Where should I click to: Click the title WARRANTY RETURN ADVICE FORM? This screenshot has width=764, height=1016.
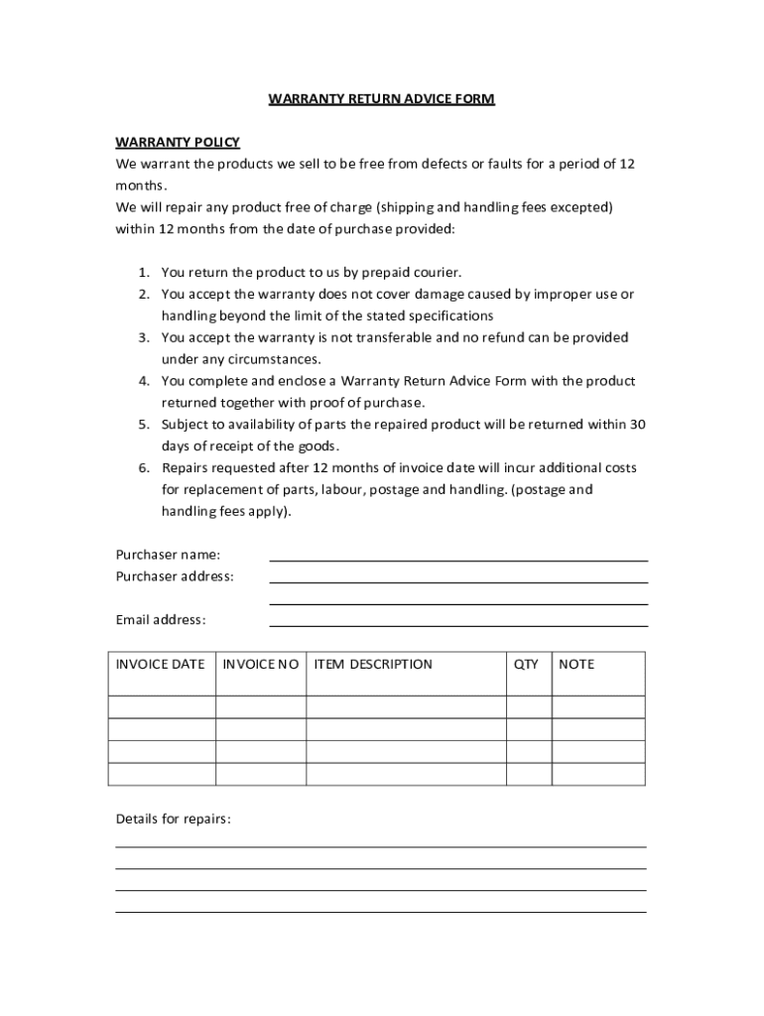381,99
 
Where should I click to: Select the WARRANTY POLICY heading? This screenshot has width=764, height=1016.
178,142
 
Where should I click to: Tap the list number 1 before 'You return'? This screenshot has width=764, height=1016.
143,272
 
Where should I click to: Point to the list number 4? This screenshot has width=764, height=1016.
143,381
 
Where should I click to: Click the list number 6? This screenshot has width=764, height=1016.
143,467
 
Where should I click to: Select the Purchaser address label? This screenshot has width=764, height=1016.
175,576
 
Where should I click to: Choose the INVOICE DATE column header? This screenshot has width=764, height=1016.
161,664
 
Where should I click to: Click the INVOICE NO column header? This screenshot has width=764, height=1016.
261,664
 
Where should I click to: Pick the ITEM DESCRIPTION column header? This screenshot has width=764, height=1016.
373,664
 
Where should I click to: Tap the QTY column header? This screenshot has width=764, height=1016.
526,664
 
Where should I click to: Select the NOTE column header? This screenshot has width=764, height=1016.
576,664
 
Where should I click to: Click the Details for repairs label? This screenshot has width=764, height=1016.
173,820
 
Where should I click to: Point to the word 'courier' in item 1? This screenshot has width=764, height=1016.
438,272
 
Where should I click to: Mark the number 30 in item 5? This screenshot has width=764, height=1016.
638,425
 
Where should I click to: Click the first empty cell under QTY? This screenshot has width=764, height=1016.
528,707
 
